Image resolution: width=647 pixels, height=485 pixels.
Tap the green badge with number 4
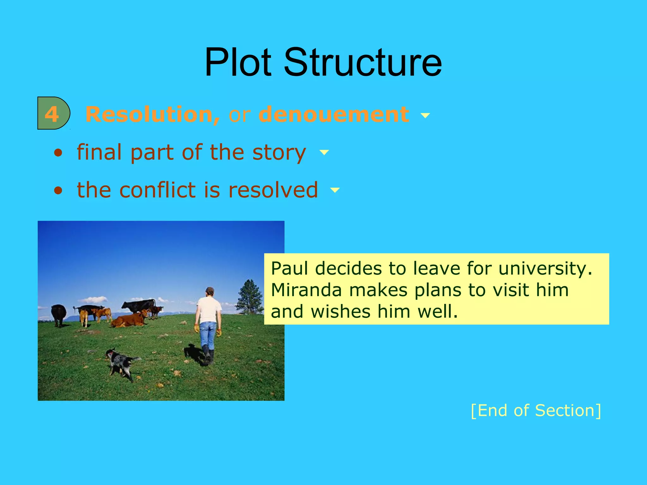click(53, 113)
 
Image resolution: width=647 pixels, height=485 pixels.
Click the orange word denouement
click(334, 114)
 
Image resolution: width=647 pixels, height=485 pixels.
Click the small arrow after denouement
click(425, 116)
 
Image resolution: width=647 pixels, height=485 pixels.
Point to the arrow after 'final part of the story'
click(324, 153)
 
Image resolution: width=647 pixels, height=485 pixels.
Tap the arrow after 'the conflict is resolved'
click(335, 190)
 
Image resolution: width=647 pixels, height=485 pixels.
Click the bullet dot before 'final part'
click(58, 153)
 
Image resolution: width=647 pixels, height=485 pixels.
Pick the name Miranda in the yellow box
click(306, 290)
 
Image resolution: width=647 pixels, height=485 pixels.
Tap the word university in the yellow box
click(545, 269)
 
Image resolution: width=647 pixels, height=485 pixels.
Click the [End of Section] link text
click(536, 410)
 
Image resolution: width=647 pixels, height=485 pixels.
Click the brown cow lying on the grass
click(128, 320)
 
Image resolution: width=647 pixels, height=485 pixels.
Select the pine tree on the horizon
click(250, 297)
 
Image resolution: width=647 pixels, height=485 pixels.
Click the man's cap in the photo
click(210, 290)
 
